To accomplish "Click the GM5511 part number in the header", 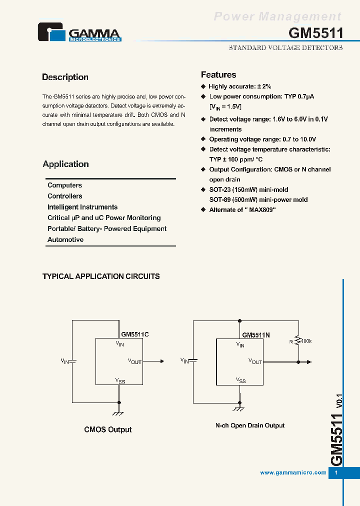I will tap(316, 33).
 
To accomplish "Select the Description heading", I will tap(65, 77).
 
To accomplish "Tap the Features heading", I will tap(218, 74).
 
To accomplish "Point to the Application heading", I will tap(65, 164).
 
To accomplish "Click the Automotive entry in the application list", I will tap(65, 239).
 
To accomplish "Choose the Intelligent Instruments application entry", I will tap(82, 207).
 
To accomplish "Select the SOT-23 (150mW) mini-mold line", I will tap(248, 189).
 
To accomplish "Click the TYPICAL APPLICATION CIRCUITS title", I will tap(101, 276).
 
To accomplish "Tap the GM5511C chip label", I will tap(135, 334).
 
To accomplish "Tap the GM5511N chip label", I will tap(256, 335).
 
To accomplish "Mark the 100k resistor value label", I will tap(306, 341).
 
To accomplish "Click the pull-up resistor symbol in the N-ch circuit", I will tap(298, 341).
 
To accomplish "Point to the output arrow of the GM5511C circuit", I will tap(161, 361).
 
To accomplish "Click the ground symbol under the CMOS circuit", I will tap(119, 413).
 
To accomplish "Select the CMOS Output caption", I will tap(108, 429).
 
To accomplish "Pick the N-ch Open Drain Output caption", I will tap(250, 425).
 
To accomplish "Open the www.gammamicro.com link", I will tap(293, 472).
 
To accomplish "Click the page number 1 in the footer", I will tap(336, 472).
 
